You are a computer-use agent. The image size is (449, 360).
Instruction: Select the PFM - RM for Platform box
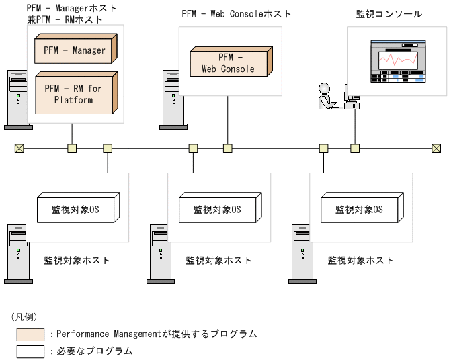click(73, 94)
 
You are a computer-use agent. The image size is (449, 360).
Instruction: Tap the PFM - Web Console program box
click(228, 63)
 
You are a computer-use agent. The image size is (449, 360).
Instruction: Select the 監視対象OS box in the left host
click(75, 209)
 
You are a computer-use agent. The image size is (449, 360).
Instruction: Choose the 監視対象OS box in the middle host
click(217, 209)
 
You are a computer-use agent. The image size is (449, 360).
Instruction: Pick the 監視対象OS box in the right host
click(360, 209)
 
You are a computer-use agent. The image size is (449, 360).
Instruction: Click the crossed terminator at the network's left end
click(19, 148)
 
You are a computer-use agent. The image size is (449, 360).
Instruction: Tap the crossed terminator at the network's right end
click(436, 148)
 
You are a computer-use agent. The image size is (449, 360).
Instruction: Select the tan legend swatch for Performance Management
click(31, 334)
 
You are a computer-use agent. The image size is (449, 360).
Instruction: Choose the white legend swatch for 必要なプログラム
click(31, 351)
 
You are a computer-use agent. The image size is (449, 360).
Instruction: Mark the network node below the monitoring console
click(355, 148)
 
